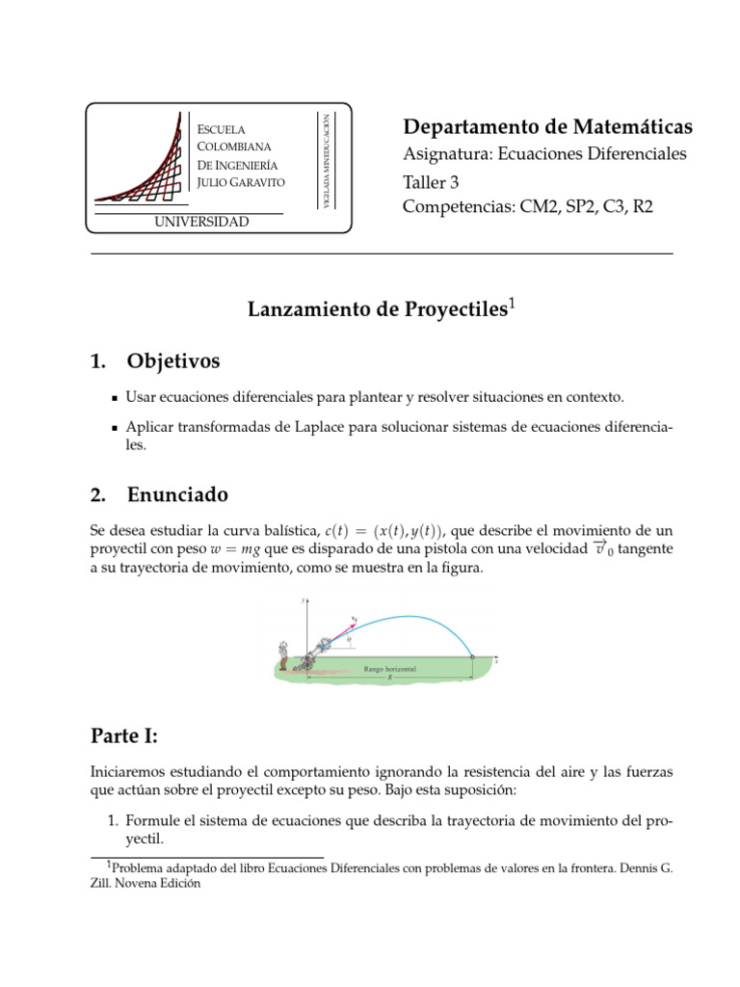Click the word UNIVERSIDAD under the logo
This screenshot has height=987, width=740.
202,223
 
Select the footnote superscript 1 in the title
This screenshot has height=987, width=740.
513,304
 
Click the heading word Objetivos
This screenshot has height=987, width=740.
173,361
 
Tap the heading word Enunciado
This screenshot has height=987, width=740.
178,495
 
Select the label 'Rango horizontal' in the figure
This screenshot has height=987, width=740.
390,668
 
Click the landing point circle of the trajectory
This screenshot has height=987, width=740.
472,657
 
